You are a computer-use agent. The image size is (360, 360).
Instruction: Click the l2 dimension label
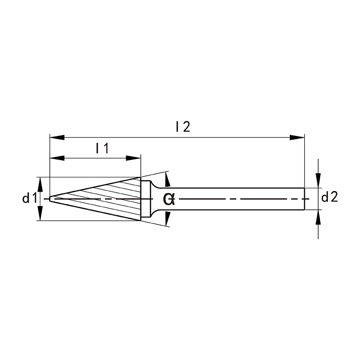coord(183,126)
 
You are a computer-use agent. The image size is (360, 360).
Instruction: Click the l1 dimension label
coord(102,148)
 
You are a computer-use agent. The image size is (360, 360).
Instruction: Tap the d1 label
coord(29,198)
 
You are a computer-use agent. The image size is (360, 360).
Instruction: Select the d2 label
coord(329,197)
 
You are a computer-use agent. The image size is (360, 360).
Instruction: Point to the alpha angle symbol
coord(169,199)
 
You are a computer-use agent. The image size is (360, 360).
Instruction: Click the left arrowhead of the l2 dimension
coord(57,138)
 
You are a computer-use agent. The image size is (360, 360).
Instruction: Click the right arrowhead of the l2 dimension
coord(297,138)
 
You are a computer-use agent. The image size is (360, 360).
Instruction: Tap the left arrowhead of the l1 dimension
coord(57,158)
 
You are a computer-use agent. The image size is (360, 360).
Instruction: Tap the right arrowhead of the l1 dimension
coord(133,158)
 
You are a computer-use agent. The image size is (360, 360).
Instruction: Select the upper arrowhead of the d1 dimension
coord(40,184)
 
